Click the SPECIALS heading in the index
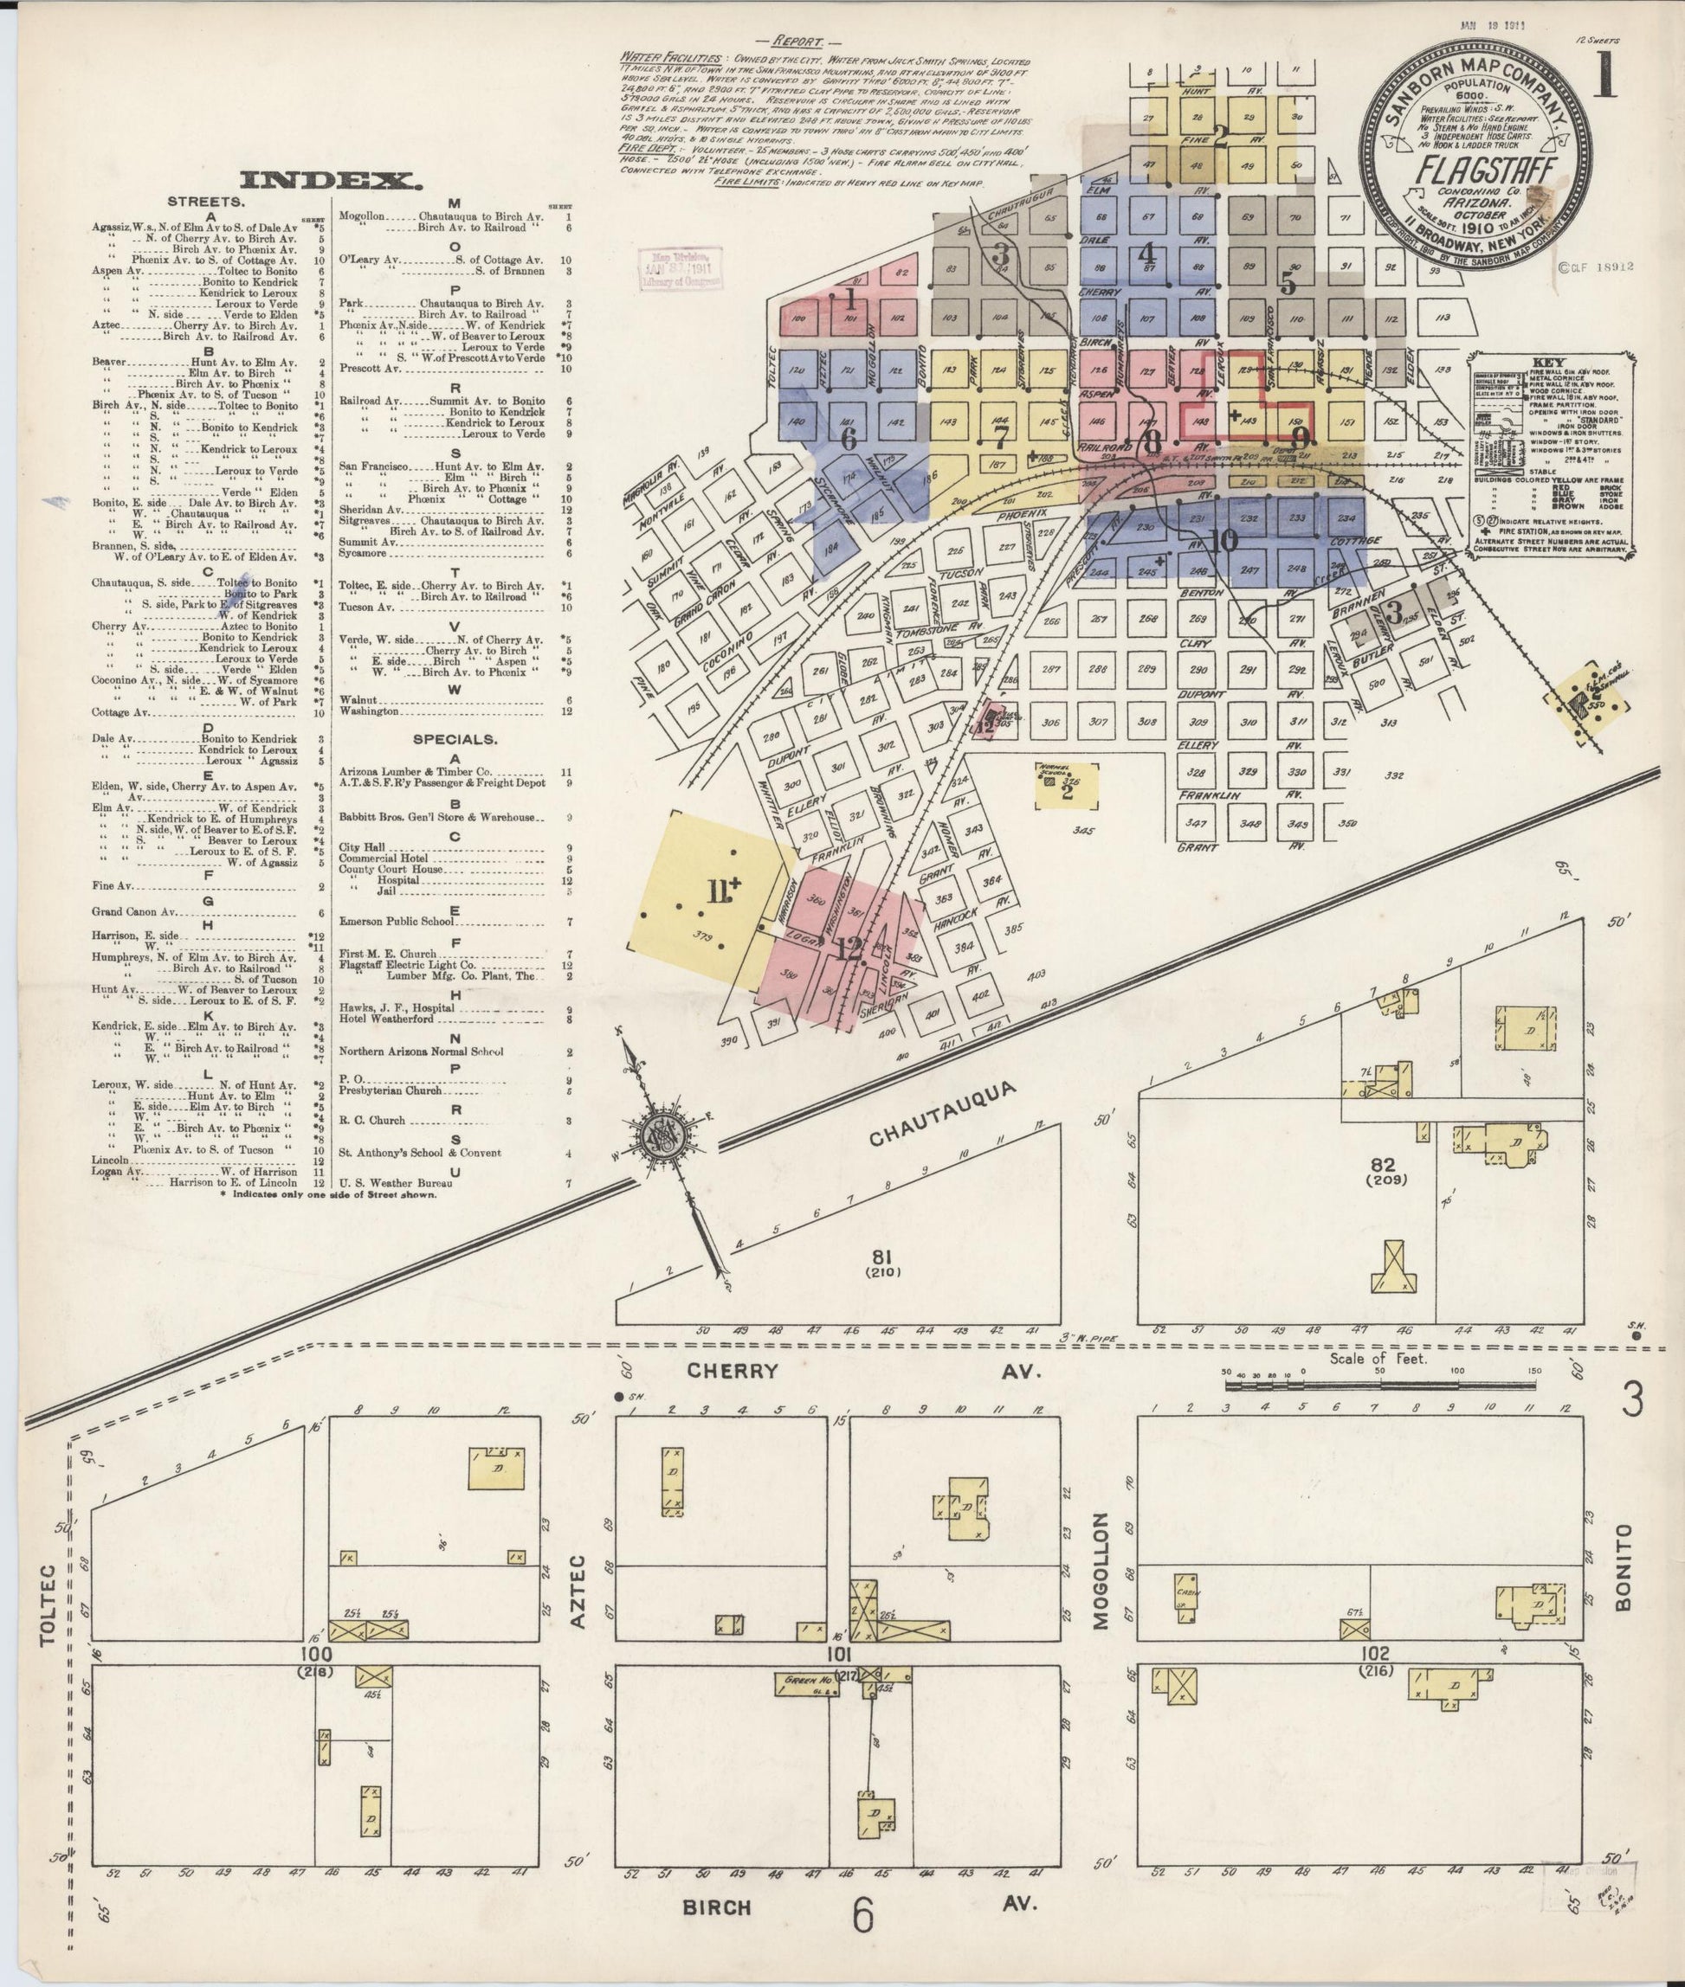coord(454,739)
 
